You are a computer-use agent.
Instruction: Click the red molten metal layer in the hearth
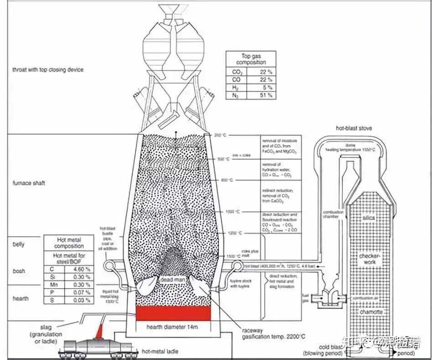(173, 314)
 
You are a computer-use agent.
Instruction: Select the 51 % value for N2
(268, 96)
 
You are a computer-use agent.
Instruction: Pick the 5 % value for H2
(269, 87)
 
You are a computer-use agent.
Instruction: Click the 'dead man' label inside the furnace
(172, 279)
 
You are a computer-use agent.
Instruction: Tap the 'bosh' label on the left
(19, 271)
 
